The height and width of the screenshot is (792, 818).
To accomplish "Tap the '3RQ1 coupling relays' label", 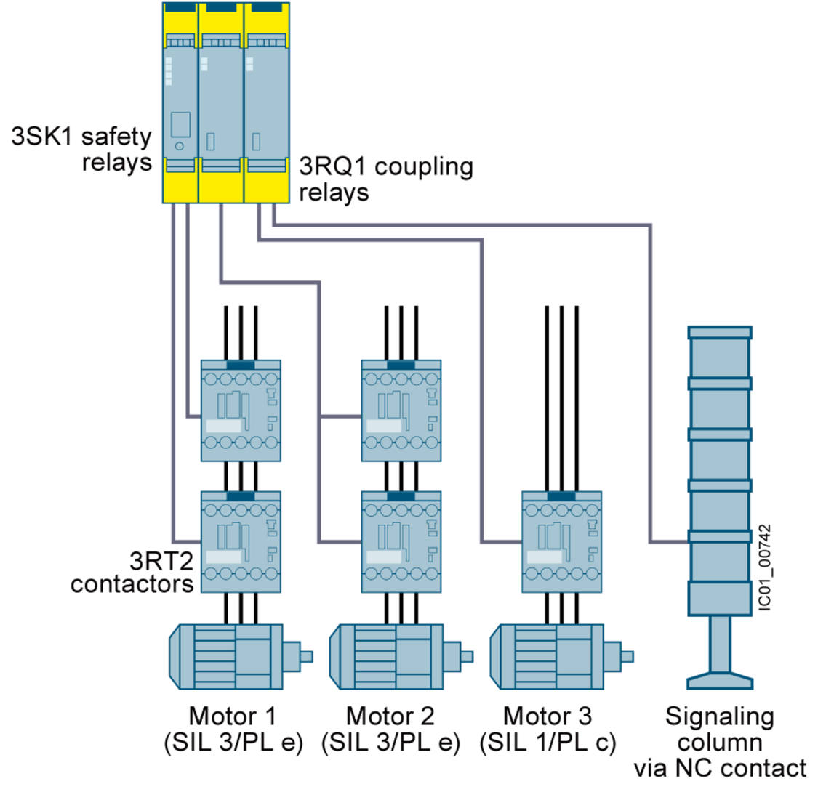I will tap(386, 179).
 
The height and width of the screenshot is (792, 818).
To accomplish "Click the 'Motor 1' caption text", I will tap(232, 716).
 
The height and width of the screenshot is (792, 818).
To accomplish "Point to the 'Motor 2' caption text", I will tap(390, 716).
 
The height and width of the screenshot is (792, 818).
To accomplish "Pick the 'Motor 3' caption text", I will tap(548, 716).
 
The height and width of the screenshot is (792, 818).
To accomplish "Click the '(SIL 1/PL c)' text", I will tap(548, 743).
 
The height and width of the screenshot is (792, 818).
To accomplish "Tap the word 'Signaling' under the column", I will tap(719, 716).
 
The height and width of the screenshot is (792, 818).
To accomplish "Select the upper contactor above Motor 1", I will tap(241, 411).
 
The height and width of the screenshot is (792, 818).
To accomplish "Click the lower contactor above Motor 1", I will tap(241, 541).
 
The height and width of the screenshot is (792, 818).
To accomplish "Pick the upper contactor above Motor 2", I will tap(401, 411).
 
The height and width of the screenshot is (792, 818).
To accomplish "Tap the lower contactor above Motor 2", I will tap(401, 541).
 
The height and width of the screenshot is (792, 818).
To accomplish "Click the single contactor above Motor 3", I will tap(561, 541).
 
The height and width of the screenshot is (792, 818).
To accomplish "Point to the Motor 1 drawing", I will tap(233, 657).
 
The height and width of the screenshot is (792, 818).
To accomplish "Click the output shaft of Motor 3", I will tap(626, 657).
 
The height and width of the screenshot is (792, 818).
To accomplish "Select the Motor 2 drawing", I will tap(393, 657).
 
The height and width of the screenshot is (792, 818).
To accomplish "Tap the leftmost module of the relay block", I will tap(179, 102).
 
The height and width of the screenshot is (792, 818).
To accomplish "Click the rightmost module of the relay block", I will tap(266, 102).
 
